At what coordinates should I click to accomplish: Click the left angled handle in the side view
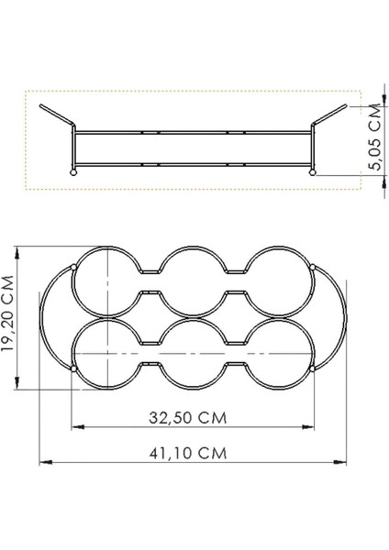pos(54,118)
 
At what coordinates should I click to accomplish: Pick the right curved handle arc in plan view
pos(342,317)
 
